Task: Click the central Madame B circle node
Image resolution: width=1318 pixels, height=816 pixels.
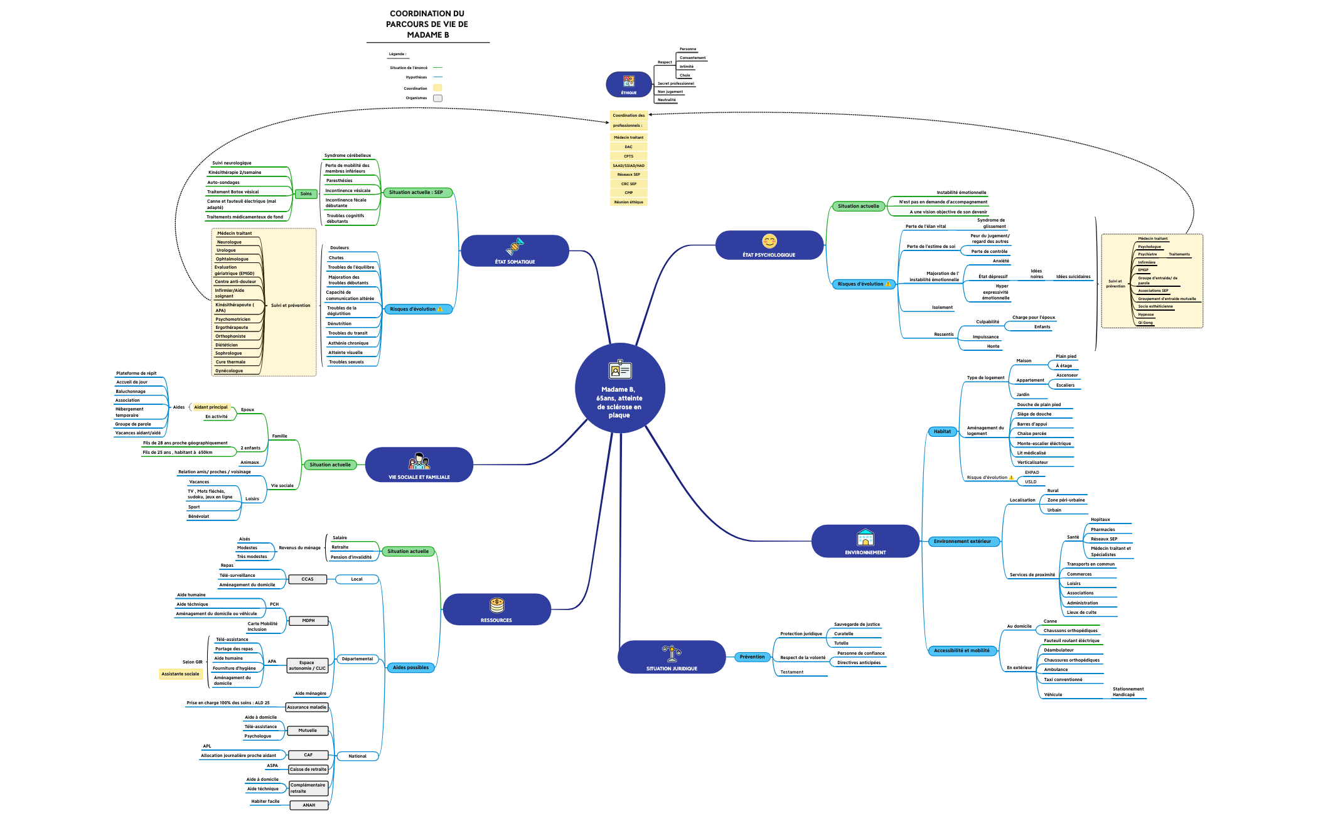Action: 619,388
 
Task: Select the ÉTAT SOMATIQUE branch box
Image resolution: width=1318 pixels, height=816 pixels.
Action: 515,251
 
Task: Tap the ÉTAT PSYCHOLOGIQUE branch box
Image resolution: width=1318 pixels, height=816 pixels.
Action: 769,245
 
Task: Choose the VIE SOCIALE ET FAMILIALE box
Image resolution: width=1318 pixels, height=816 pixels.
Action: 419,465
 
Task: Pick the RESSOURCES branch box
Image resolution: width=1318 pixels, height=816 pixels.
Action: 496,609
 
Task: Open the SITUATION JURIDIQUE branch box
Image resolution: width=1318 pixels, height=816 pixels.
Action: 672,657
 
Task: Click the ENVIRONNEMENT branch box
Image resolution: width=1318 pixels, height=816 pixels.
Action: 865,541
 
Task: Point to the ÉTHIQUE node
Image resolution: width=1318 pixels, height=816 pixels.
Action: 628,85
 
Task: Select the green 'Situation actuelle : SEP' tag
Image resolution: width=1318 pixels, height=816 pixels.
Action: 417,193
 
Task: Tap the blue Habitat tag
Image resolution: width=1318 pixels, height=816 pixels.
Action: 942,431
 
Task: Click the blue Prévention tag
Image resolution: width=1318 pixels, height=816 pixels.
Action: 752,657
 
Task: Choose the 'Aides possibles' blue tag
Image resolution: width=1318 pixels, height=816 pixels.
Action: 410,668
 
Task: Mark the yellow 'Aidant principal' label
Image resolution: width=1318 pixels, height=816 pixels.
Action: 211,407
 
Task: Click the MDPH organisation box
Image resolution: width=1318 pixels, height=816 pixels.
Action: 308,621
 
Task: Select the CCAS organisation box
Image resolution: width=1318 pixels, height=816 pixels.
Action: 308,579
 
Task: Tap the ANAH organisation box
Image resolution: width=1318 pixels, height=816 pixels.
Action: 309,805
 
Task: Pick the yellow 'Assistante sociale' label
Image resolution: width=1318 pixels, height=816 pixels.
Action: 180,674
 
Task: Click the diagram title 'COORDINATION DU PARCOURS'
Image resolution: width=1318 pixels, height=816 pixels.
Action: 427,24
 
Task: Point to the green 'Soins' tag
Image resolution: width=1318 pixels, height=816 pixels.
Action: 306,194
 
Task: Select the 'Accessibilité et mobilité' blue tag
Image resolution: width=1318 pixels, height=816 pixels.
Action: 962,651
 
